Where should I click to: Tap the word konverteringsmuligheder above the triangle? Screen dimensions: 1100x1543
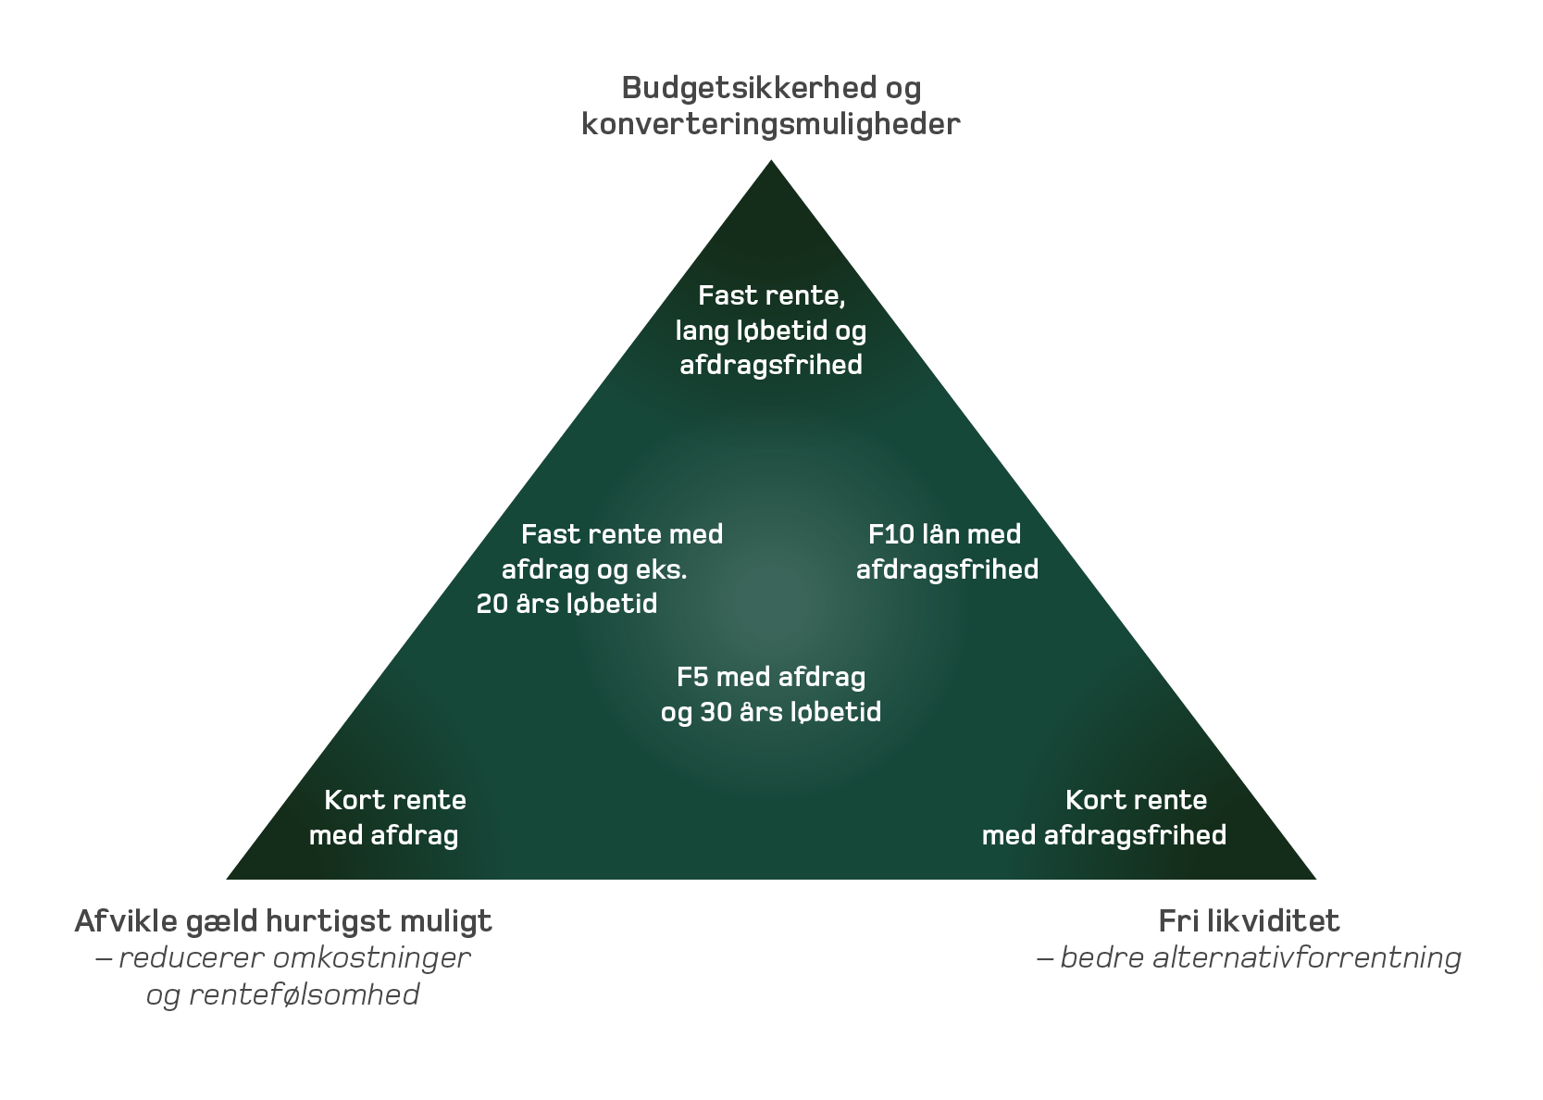[770, 124]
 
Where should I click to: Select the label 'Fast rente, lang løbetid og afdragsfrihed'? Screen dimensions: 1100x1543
[771, 331]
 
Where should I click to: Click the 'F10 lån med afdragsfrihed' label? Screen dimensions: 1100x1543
[946, 552]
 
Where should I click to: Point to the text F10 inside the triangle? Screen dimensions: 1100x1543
[890, 534]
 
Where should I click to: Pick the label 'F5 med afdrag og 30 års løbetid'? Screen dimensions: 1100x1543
[771, 694]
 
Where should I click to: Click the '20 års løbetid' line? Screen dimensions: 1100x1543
[566, 605]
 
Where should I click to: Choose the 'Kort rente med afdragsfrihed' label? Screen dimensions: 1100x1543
[1104, 818]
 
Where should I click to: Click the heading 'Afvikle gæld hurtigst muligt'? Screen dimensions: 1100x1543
[283, 921]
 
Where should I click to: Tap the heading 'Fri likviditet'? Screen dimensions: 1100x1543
[1249, 921]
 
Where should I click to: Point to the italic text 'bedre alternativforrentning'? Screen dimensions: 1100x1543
[1260, 957]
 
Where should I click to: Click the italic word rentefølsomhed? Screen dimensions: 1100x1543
[305, 994]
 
